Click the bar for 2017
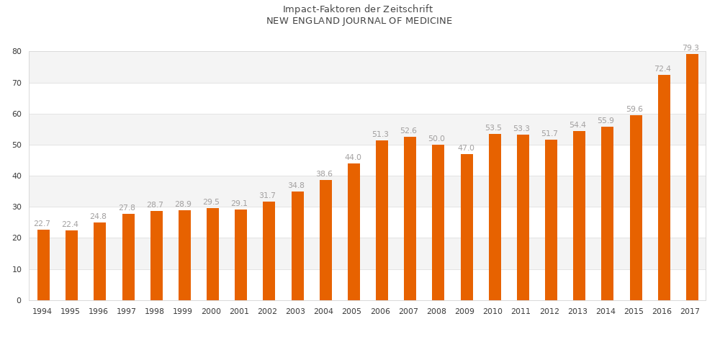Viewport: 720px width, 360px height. pyautogui.click(x=692, y=177)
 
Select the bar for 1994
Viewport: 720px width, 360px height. pyautogui.click(x=43, y=265)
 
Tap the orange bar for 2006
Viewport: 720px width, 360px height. pyautogui.click(x=382, y=220)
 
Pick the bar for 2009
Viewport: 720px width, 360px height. pyautogui.click(x=467, y=227)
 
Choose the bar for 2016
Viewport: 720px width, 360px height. pyautogui.click(x=664, y=187)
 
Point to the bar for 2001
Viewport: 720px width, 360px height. pyautogui.click(x=241, y=255)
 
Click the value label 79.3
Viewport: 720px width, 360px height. pyautogui.click(x=690, y=48)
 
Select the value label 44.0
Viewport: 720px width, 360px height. pyautogui.click(x=353, y=158)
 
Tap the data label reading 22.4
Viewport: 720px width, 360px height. pyautogui.click(x=70, y=225)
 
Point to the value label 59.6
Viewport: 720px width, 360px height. pyautogui.click(x=634, y=109)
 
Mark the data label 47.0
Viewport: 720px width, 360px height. pyautogui.click(x=466, y=148)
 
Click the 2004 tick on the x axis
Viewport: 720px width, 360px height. pyautogui.click(x=323, y=312)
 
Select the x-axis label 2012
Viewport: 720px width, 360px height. pyautogui.click(x=549, y=312)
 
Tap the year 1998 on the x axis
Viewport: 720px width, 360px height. pyautogui.click(x=154, y=312)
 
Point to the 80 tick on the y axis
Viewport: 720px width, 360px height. pyautogui.click(x=17, y=52)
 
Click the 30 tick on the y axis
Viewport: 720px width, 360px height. pyautogui.click(x=17, y=207)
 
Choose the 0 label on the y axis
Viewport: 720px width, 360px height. pyautogui.click(x=19, y=300)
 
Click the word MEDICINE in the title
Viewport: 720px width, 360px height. pyautogui.click(x=427, y=21)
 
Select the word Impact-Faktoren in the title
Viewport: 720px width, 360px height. pyautogui.click(x=318, y=9)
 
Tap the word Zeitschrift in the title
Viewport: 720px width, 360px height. pyautogui.click(x=408, y=9)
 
